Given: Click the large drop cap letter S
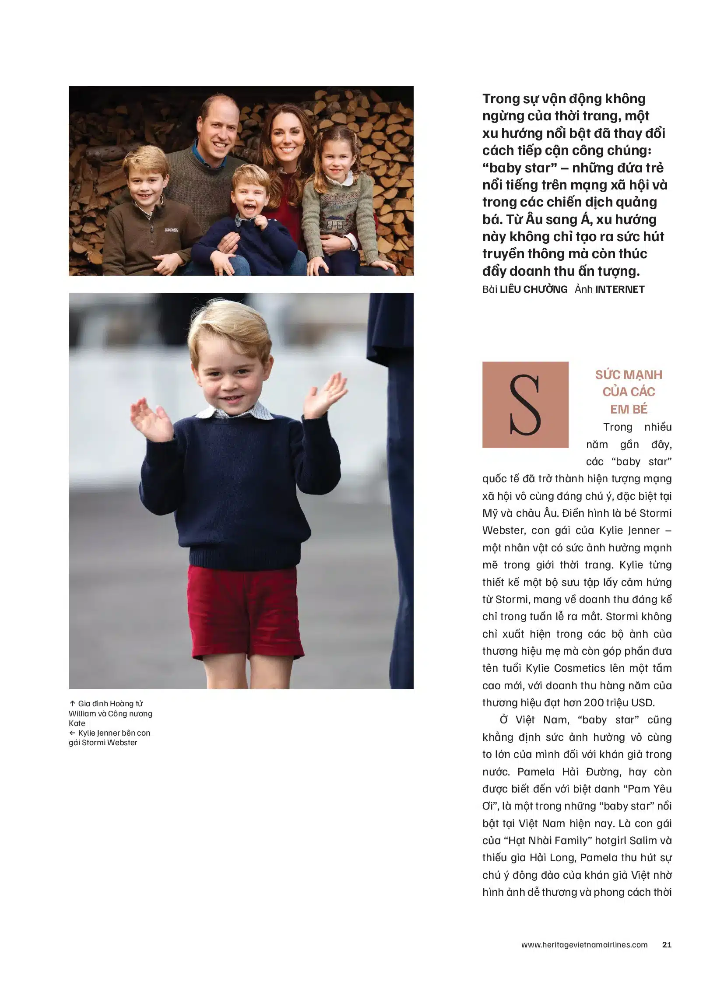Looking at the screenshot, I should (x=525, y=404).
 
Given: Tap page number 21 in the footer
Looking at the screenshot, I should (x=667, y=944).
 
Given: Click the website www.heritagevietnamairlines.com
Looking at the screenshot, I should (x=584, y=944).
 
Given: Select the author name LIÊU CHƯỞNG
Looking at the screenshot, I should (x=533, y=289).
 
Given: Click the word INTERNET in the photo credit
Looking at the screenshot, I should (x=620, y=289).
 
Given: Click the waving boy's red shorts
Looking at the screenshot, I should (x=246, y=611).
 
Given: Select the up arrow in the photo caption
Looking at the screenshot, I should (x=72, y=703).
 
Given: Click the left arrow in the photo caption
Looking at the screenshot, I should (x=72, y=733).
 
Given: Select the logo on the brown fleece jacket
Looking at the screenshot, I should (x=171, y=230).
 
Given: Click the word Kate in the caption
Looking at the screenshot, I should (x=77, y=723).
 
